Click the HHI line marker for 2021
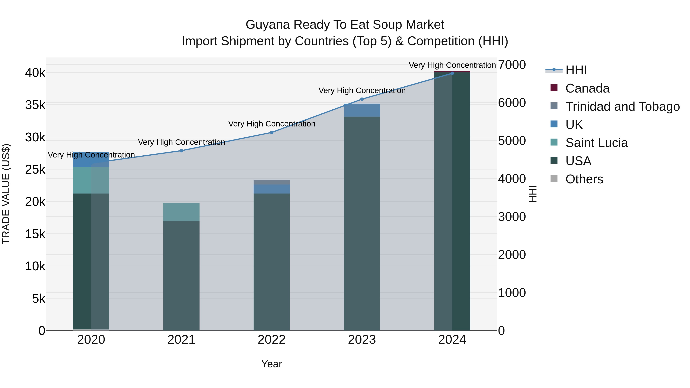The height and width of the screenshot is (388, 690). [x=181, y=151]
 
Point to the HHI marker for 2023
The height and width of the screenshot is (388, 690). [x=362, y=99]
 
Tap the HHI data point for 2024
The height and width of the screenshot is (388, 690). [x=452, y=73]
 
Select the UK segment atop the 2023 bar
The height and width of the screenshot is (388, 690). [x=362, y=110]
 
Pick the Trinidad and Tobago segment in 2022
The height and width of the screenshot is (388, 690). [x=272, y=182]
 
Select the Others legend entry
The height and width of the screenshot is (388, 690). [x=584, y=179]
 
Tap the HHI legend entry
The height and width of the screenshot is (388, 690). [x=576, y=70]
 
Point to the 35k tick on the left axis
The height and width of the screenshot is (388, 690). [x=35, y=105]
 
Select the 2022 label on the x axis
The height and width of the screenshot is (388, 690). [x=272, y=340]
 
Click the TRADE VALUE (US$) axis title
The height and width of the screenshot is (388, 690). [x=6, y=194]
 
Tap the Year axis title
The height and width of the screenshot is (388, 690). [x=272, y=364]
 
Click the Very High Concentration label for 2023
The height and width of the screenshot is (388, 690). [x=362, y=90]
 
